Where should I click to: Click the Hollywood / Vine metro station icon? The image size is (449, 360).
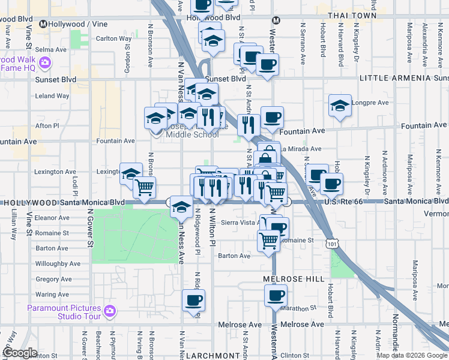pos(43,24)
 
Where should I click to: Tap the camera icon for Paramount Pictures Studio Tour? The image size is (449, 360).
pos(109,311)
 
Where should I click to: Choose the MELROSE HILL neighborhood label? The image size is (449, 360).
pos(294,280)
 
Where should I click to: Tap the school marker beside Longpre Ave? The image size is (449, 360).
pos(340,106)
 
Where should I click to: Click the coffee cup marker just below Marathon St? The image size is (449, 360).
pos(276,295)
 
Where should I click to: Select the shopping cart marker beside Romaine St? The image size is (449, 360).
pos(269,240)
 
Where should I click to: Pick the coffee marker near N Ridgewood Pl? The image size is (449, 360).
pos(193,300)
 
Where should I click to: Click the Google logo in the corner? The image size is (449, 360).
pos(20,353)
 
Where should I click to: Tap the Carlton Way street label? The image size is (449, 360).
pos(114,38)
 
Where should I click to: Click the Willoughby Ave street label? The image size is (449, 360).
pos(58,263)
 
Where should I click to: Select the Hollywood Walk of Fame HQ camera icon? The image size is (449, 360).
pos(44,62)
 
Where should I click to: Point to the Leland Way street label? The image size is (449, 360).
pos(52,95)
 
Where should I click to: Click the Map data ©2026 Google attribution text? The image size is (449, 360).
pos(412,355)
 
